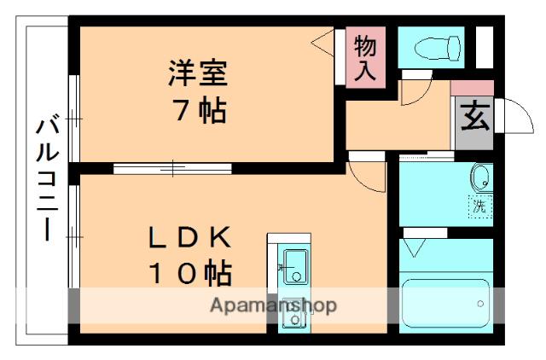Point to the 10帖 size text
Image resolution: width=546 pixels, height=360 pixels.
190,273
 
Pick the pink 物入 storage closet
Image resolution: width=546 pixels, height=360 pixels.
365,58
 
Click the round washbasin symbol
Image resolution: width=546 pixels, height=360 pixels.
481,178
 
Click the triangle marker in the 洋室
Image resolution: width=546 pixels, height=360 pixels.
322,40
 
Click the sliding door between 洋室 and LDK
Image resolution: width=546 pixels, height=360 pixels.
171,168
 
